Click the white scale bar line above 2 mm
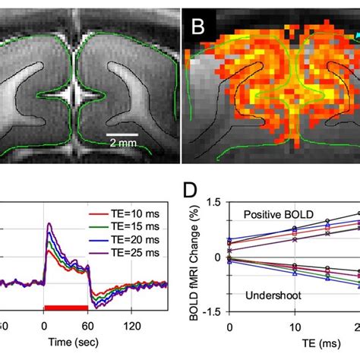click(x=122, y=134)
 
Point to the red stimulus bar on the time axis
click(x=67, y=307)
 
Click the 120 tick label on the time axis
click(x=133, y=324)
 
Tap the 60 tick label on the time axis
click(x=89, y=324)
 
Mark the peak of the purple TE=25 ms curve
click(x=49, y=224)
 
